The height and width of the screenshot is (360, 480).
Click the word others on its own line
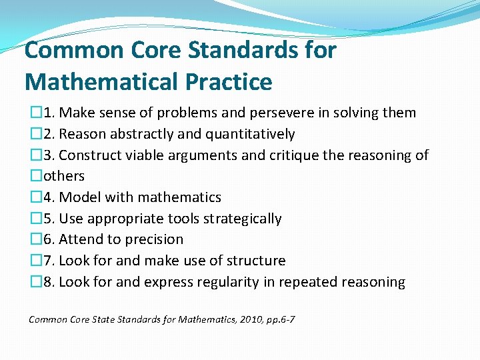click(x=64, y=176)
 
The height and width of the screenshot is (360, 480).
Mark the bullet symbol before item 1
click(x=35, y=113)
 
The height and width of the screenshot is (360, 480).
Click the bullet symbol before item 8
click(x=35, y=282)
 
